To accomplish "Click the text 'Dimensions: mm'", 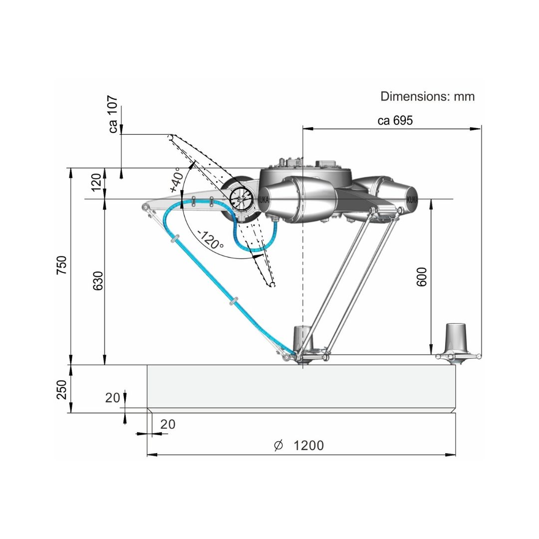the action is [x=427, y=96].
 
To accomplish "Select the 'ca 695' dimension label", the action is [x=395, y=120].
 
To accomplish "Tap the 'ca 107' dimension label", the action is [x=113, y=114].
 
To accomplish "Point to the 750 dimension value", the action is [x=61, y=265].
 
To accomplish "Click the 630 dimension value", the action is [x=98, y=280].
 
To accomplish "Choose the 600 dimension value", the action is [x=421, y=276].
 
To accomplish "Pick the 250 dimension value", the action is [x=61, y=389].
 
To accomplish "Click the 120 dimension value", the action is [x=96, y=182].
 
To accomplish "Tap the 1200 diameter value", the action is [x=308, y=446].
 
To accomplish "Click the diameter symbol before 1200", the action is [x=278, y=446].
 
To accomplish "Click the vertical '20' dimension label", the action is [x=112, y=398].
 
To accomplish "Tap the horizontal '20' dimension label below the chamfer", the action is [x=168, y=424].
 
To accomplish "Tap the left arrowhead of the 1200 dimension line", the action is [x=152, y=455].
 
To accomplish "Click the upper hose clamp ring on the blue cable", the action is [x=175, y=238].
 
